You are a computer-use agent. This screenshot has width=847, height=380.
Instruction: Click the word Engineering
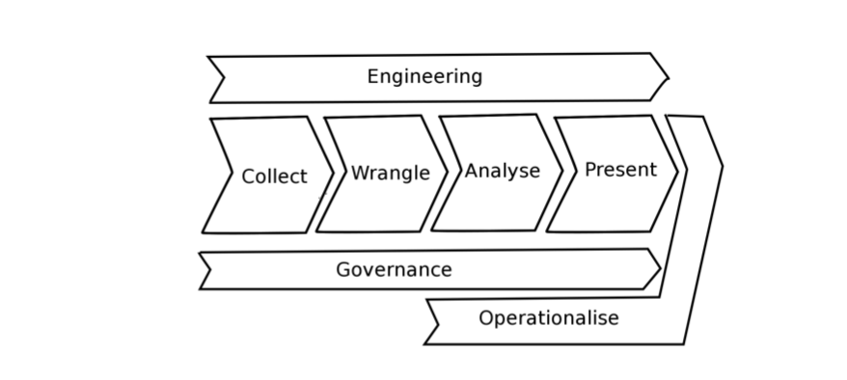pyautogui.click(x=424, y=76)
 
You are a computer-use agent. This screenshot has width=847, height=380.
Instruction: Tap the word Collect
pyautogui.click(x=274, y=176)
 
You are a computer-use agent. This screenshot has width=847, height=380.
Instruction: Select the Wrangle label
pyautogui.click(x=391, y=174)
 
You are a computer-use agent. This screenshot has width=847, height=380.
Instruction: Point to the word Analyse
pyautogui.click(x=503, y=171)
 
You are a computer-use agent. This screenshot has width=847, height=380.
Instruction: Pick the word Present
pyautogui.click(x=620, y=170)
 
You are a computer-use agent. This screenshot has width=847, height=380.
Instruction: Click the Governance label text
pyautogui.click(x=394, y=269)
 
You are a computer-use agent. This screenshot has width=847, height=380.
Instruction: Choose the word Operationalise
pyautogui.click(x=549, y=318)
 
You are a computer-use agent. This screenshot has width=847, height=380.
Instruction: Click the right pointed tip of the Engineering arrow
pyautogui.click(x=669, y=78)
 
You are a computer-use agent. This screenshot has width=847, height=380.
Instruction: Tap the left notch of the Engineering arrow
pyautogui.click(x=224, y=78)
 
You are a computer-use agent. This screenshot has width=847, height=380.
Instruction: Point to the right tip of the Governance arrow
pyautogui.click(x=660, y=268)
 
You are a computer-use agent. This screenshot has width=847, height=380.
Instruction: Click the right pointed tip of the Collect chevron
pyautogui.click(x=333, y=174)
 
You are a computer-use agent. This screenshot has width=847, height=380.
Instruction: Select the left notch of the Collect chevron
pyautogui.click(x=232, y=174)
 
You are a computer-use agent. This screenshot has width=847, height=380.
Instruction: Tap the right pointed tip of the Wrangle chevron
pyautogui.click(x=448, y=173)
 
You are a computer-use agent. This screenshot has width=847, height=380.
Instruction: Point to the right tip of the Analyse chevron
pyautogui.click(x=562, y=171)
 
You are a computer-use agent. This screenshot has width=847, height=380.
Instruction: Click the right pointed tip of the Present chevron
pyautogui.click(x=677, y=173)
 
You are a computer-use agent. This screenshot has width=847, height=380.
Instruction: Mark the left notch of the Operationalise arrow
pyautogui.click(x=438, y=325)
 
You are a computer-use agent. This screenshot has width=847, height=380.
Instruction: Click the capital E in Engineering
pyautogui.click(x=372, y=76)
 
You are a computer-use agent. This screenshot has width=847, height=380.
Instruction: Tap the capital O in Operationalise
pyautogui.click(x=485, y=317)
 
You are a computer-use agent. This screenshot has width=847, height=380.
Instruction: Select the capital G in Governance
pyautogui.click(x=343, y=269)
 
